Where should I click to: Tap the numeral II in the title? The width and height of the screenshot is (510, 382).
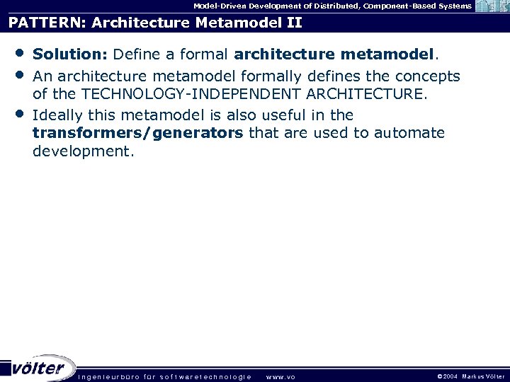pyautogui.click(x=292, y=23)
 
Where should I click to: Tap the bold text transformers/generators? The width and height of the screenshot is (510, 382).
pyautogui.click(x=138, y=133)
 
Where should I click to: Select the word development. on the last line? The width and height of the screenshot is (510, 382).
pyautogui.click(x=83, y=151)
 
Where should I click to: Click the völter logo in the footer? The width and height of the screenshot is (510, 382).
pyautogui.click(x=39, y=368)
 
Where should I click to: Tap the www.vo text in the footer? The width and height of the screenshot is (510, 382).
pyautogui.click(x=280, y=377)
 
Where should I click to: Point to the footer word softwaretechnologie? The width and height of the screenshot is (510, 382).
pyautogui.click(x=205, y=377)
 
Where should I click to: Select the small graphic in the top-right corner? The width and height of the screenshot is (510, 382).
pyautogui.click(x=492, y=7)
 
